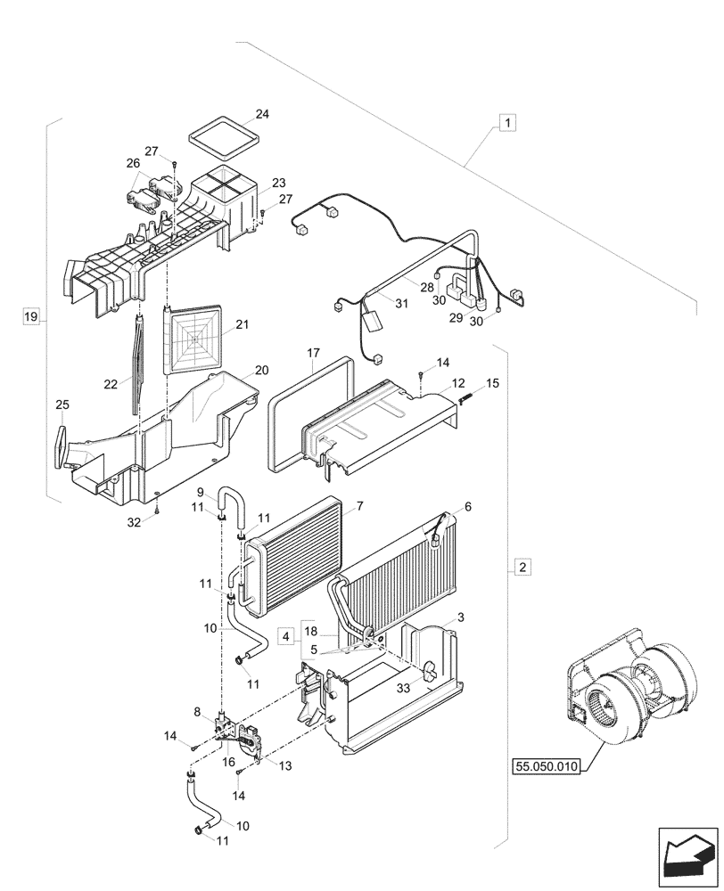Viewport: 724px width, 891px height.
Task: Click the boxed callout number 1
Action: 506,123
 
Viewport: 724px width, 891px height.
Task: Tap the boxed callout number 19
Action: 31,316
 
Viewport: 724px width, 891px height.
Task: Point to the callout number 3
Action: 460,617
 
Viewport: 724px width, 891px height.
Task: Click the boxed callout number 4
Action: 284,637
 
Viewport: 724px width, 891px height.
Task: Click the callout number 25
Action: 62,405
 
